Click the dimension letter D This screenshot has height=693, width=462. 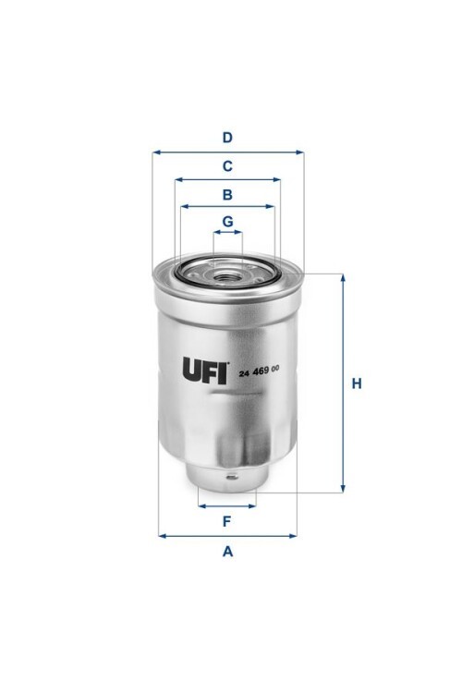227,138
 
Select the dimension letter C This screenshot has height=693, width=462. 227,166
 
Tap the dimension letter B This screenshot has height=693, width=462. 227,194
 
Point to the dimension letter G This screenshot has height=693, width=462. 227,221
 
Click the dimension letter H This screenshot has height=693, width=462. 357,383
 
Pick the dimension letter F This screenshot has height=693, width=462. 226,521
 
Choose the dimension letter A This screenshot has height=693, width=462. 227,552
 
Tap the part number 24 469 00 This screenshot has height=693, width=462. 259,371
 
